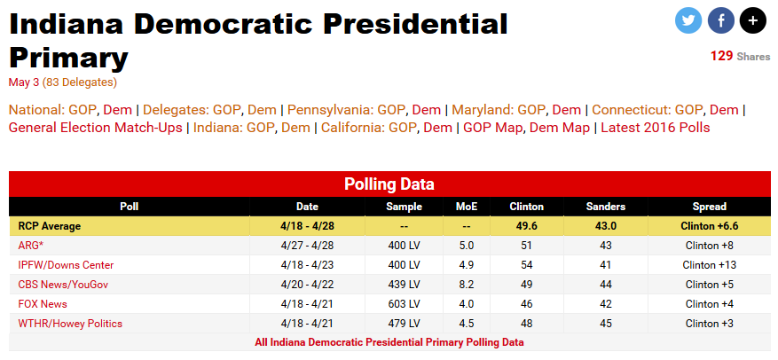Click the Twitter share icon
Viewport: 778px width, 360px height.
click(x=688, y=20)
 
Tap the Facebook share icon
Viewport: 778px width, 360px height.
click(x=720, y=20)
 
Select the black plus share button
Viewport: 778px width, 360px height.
click(x=752, y=20)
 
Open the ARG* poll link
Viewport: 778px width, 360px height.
click(x=31, y=246)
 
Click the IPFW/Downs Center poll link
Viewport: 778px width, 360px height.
click(x=66, y=265)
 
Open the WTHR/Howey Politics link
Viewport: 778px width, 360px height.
click(x=70, y=324)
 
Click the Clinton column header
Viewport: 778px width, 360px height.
click(x=527, y=207)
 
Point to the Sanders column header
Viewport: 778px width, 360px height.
click(x=606, y=207)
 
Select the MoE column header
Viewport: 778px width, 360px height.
click(x=467, y=207)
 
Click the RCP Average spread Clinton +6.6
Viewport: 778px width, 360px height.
click(x=709, y=226)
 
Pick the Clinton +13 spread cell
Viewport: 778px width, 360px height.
click(x=709, y=265)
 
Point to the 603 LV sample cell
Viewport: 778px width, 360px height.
click(x=404, y=304)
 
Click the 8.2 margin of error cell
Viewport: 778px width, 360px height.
click(x=467, y=285)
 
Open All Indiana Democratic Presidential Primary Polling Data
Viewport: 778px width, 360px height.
click(x=389, y=341)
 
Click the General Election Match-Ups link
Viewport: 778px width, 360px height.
click(x=95, y=128)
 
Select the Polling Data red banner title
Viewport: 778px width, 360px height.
click(x=389, y=184)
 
